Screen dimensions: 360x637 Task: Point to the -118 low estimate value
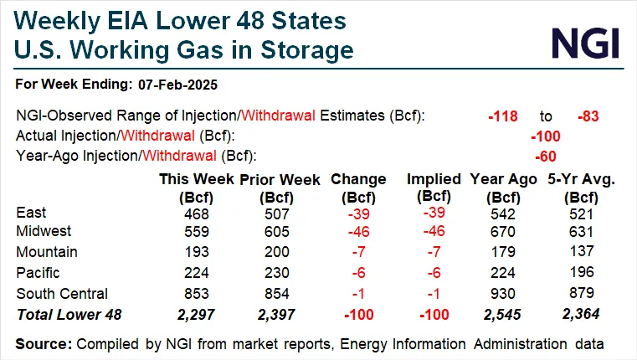(503, 116)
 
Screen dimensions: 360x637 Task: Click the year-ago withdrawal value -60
(545, 156)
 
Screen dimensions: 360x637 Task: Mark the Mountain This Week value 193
(198, 252)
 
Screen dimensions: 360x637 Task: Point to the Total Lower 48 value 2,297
(198, 313)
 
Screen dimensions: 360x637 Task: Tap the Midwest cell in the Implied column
(433, 231)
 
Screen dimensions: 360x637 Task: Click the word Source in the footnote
(43, 343)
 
